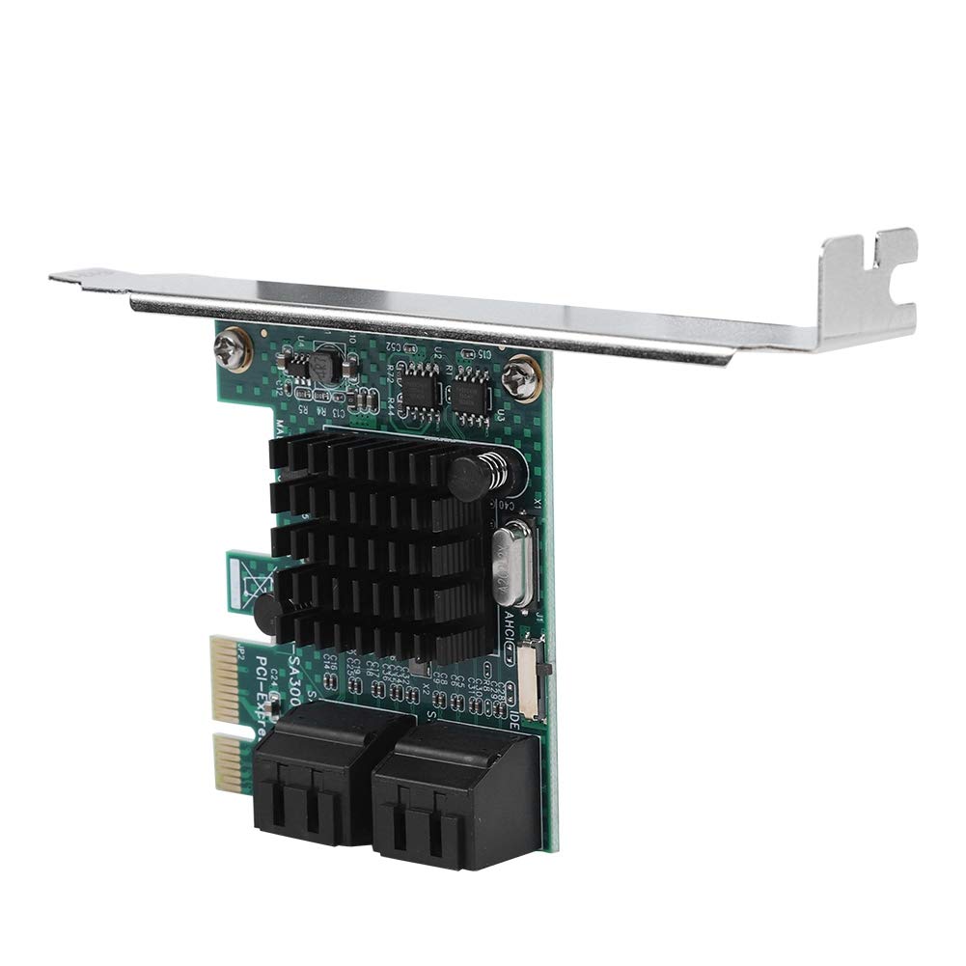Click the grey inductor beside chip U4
point(320,366)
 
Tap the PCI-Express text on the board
point(269,694)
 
